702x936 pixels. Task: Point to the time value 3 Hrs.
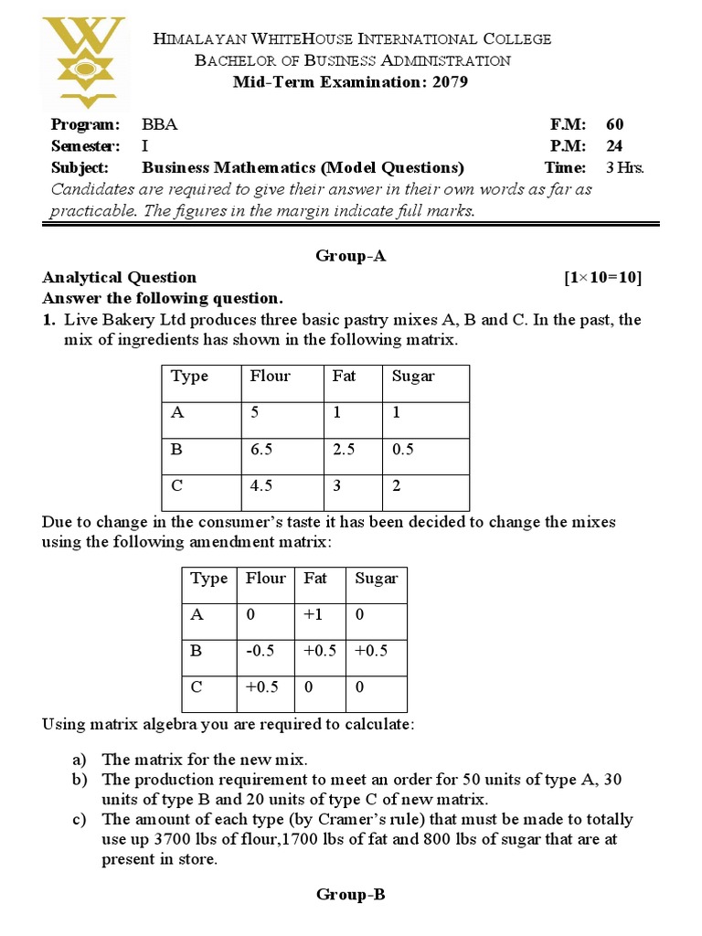(625, 168)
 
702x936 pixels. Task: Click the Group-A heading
(351, 256)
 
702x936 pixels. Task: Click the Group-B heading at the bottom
(351, 894)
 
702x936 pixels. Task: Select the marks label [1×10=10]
(603, 278)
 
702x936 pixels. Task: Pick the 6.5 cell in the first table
(262, 449)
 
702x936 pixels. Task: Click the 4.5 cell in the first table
(261, 486)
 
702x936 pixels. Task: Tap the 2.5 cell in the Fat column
(343, 449)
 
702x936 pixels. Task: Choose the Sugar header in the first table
(413, 377)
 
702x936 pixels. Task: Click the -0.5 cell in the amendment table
(261, 651)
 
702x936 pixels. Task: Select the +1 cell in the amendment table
(314, 615)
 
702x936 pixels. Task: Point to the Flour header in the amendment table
(265, 579)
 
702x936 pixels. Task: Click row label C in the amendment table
(197, 687)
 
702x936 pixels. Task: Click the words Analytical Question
(119, 278)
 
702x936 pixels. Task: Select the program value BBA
(160, 124)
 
